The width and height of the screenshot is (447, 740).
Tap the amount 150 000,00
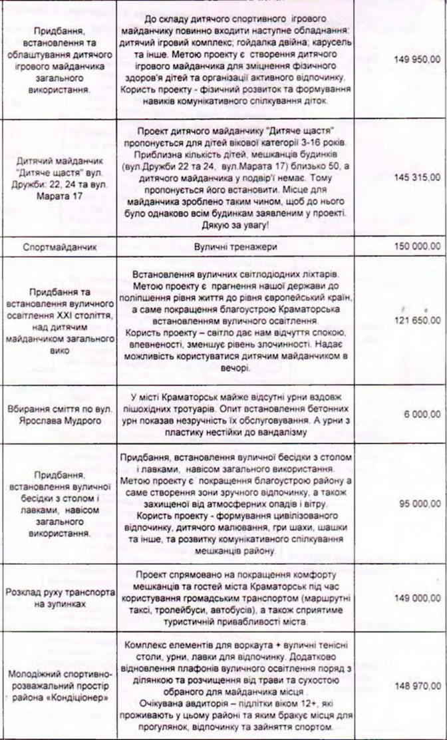coord(416,246)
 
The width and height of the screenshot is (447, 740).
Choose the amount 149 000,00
coord(416,598)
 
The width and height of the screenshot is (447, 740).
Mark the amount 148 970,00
coord(416,684)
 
